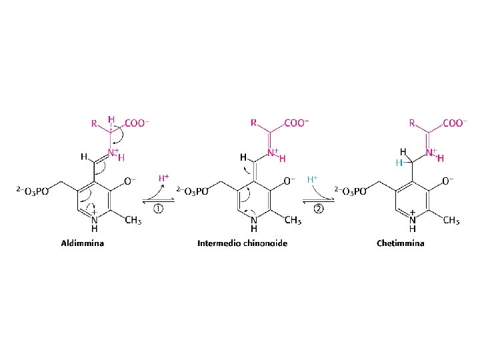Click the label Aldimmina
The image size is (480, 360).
pos(83,243)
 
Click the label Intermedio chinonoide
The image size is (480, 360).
pos(242,243)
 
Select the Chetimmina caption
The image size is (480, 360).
pos(400,243)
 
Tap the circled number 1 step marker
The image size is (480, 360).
pos(159,208)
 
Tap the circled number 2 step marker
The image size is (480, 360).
pos(319,208)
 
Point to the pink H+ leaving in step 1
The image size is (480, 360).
pos(163,179)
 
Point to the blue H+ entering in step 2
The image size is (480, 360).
pos(311,179)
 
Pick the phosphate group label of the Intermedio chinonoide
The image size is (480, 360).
pos(193,191)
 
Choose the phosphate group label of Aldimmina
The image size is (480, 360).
pos(33,191)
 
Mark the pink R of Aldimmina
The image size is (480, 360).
pos(93,123)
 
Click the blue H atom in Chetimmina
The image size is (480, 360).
pos(398,162)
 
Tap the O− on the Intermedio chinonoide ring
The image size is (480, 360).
pos(291,181)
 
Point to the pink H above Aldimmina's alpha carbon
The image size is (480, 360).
pos(111,119)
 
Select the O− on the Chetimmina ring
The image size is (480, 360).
pos(449,181)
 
